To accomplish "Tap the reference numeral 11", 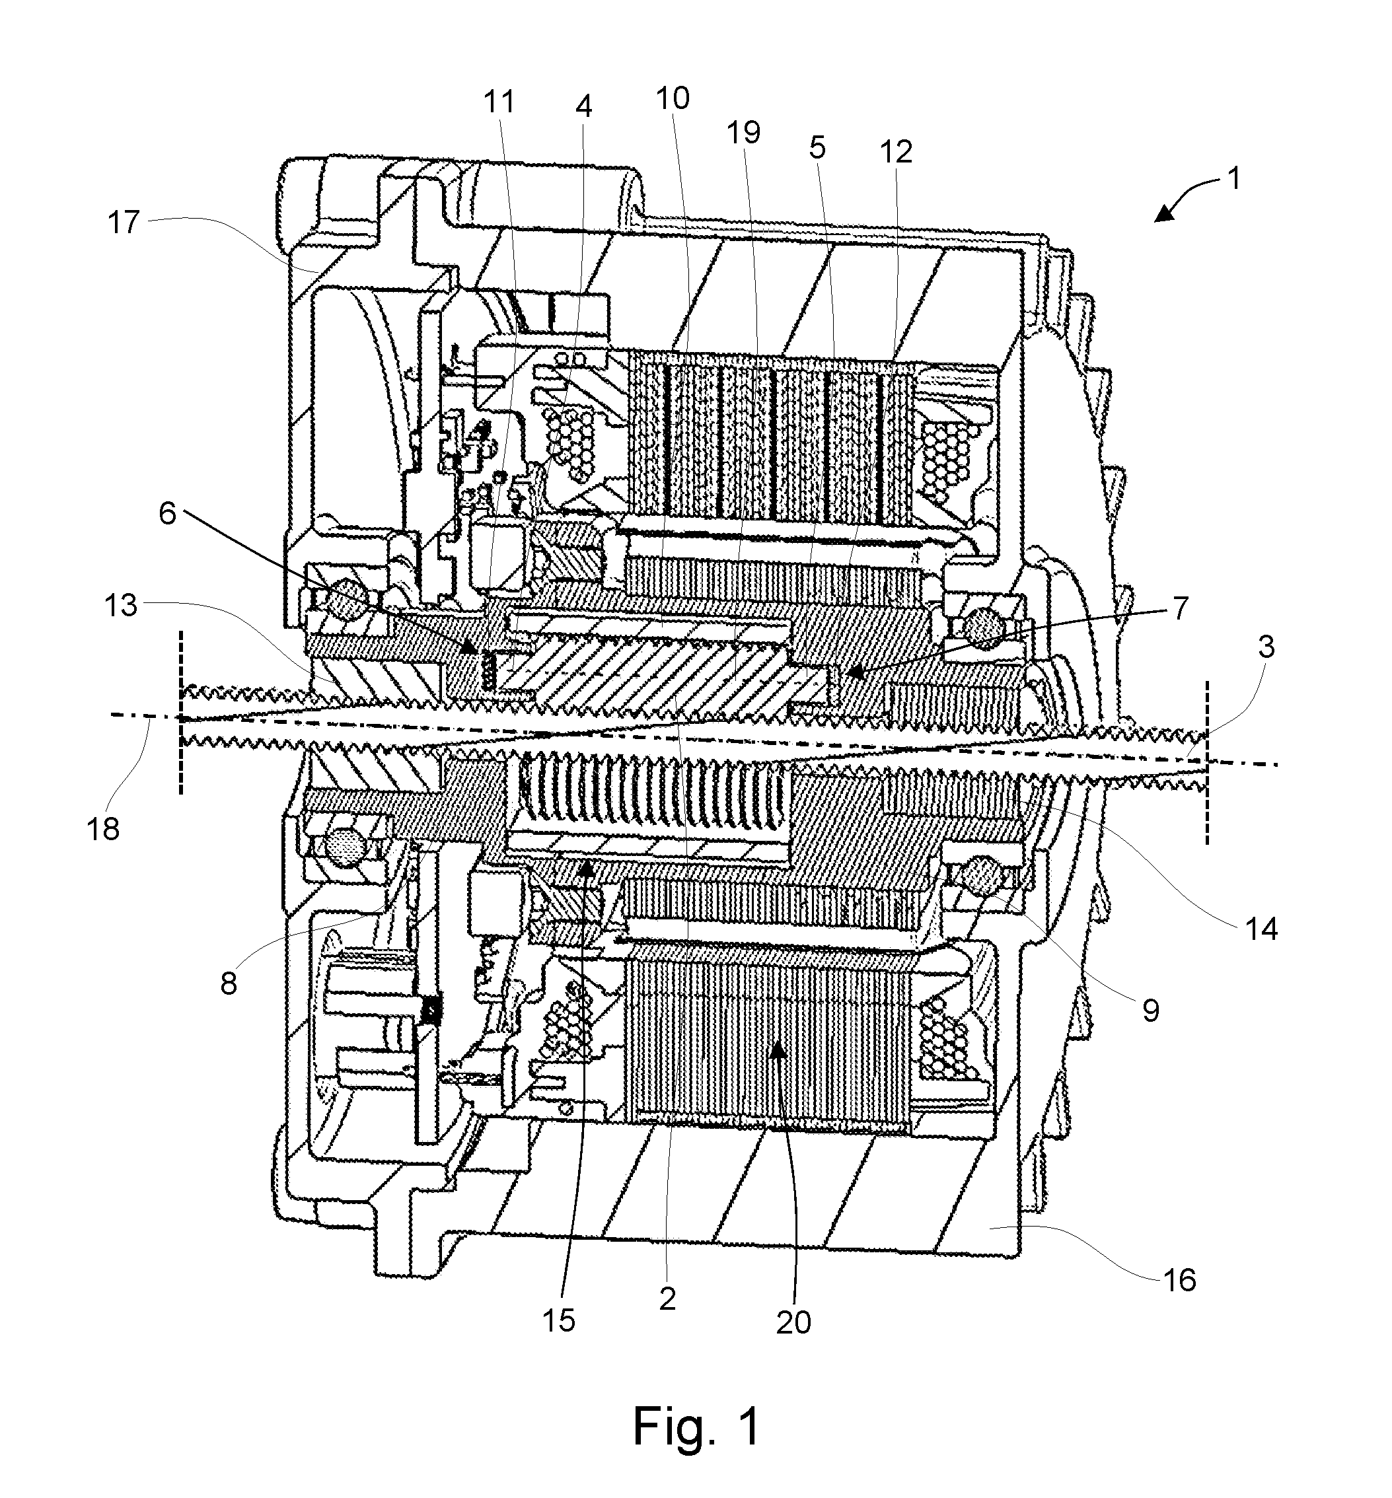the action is (x=499, y=102).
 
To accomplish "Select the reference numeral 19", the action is (x=743, y=133).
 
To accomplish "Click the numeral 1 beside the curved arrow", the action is (x=1233, y=178).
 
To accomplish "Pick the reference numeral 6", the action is (x=167, y=514).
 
